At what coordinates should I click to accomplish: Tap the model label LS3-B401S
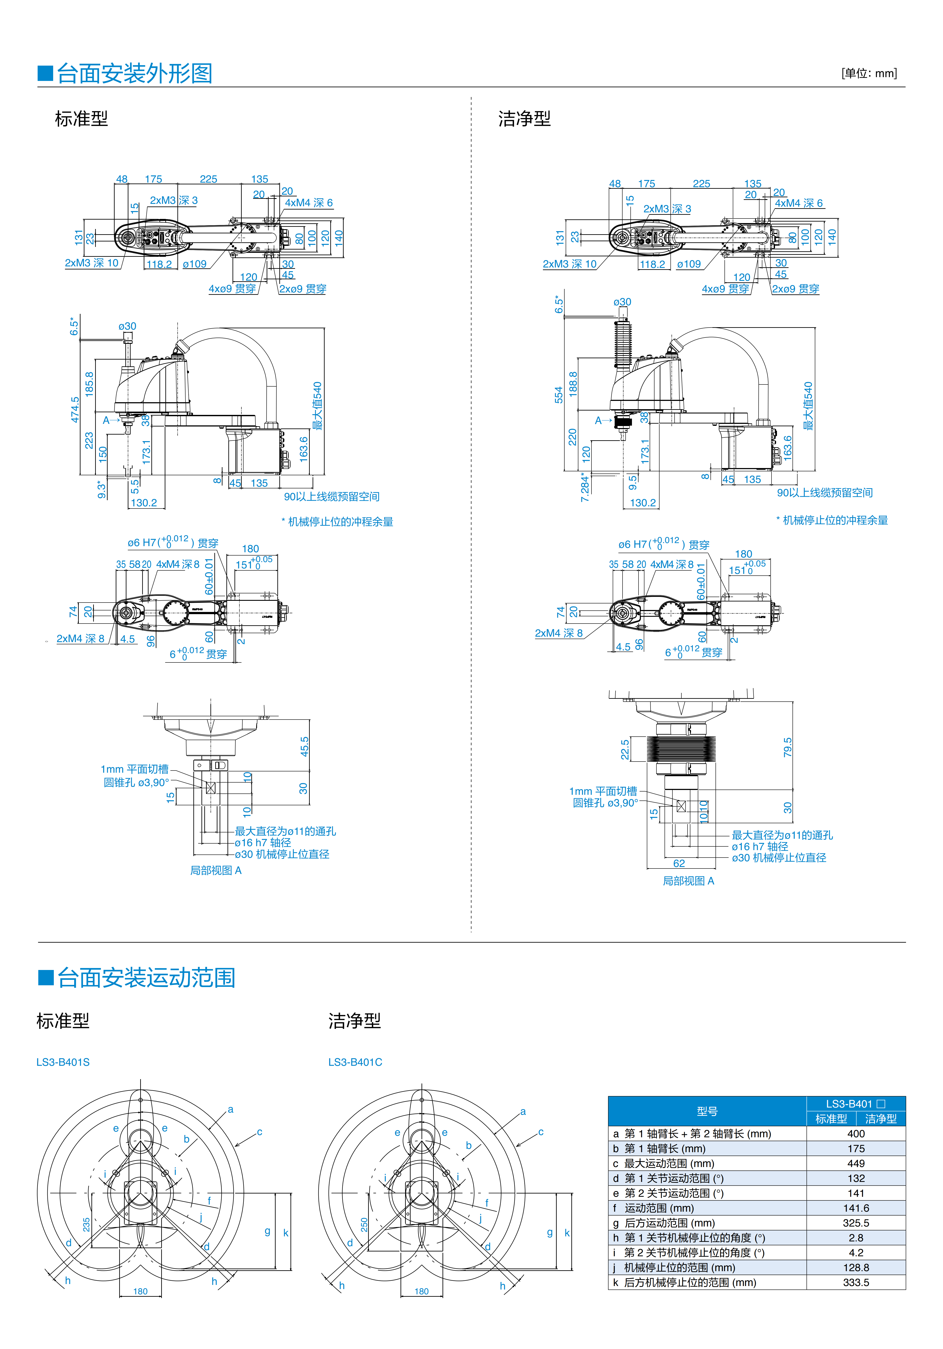point(63,1062)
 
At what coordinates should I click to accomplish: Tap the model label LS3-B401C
point(355,1062)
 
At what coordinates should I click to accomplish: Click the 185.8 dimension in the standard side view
point(89,384)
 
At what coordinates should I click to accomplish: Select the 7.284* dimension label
point(585,487)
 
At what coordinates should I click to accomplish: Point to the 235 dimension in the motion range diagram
point(86,1224)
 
